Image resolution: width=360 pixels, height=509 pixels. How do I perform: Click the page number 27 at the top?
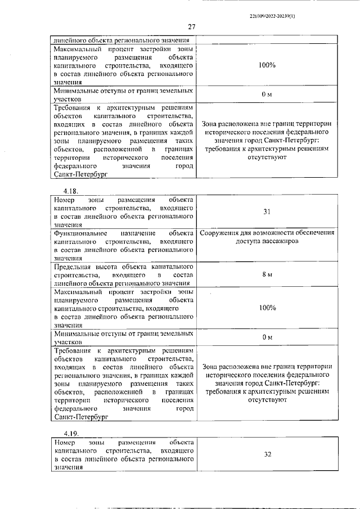point(191,26)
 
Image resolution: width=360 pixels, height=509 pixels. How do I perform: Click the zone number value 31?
point(267,212)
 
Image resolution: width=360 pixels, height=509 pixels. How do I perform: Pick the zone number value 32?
point(267,454)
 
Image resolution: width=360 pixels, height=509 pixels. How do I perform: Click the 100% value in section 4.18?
point(267,308)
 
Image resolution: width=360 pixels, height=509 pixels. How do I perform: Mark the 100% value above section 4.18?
point(267,65)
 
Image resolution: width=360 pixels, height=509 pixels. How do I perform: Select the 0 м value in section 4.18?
point(267,337)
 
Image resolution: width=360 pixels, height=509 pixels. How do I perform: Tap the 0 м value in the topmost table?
point(267,94)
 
